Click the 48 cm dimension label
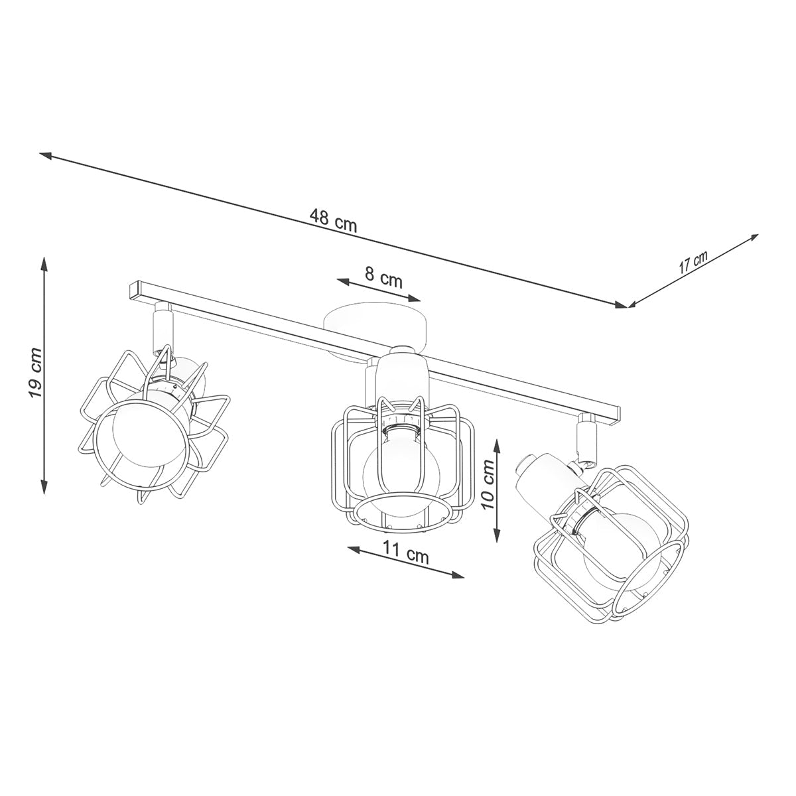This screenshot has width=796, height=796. (x=333, y=220)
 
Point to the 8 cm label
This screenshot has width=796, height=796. (x=383, y=277)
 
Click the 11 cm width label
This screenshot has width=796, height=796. (x=407, y=554)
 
